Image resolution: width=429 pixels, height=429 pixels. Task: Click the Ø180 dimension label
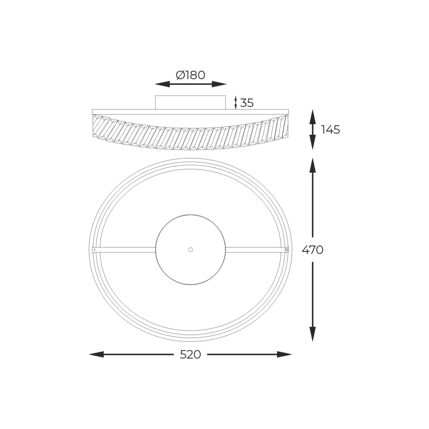click(191, 75)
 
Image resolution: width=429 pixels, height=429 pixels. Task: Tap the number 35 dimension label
click(247, 103)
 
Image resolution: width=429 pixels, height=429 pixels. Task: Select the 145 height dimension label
click(331, 130)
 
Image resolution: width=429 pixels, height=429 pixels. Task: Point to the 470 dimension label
click(313, 250)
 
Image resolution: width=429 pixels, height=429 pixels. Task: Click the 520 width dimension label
click(190, 355)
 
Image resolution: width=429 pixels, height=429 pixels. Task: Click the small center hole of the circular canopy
click(191, 250)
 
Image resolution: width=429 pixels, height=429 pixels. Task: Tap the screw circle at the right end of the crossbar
click(286, 250)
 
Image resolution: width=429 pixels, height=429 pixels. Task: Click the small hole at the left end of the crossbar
click(95, 250)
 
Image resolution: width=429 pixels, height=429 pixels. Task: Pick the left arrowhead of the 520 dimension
click(96, 355)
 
